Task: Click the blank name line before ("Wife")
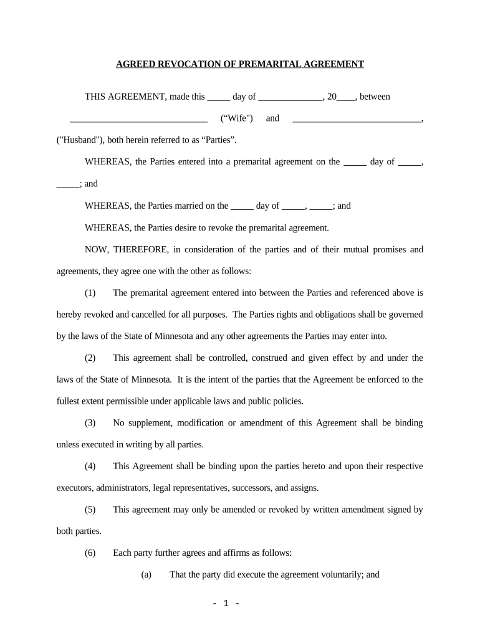pyautogui.click(x=138, y=119)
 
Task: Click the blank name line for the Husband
pyautogui.click(x=357, y=119)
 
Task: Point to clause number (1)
pyautogui.click(x=90, y=293)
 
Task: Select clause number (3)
pyautogui.click(x=90, y=423)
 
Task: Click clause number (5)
pyautogui.click(x=90, y=510)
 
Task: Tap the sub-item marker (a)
pyautogui.click(x=146, y=574)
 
